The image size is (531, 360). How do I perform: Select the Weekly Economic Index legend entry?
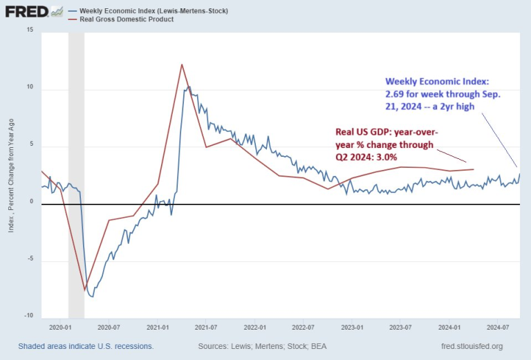pos(153,11)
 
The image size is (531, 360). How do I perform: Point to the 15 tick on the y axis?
pos(29,30)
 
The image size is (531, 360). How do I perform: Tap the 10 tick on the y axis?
pos(29,89)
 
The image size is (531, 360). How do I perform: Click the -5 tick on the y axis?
pos(29,260)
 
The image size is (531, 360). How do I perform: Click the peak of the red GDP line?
pos(182,64)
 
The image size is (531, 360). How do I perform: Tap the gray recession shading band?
pos(76,173)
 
